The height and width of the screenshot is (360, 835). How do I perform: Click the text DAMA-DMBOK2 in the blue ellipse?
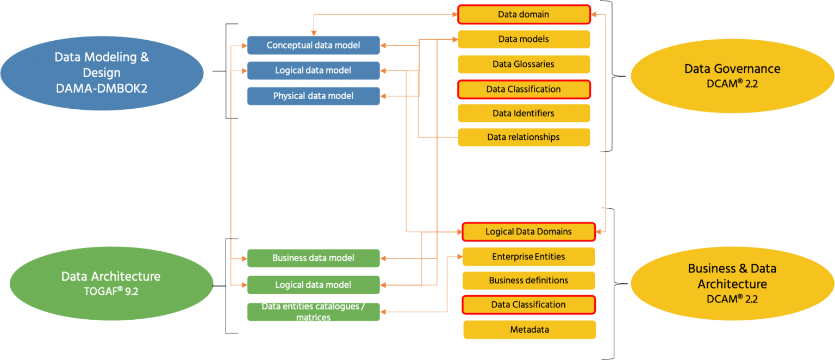pyautogui.click(x=102, y=88)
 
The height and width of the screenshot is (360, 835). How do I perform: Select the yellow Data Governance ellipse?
pyautogui.click(x=732, y=75)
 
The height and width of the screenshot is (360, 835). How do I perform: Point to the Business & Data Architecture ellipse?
pyautogui.click(x=732, y=283)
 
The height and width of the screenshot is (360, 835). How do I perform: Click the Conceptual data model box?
pyautogui.click(x=313, y=45)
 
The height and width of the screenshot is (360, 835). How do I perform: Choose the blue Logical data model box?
pyautogui.click(x=313, y=70)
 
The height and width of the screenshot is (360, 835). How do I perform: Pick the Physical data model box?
pyautogui.click(x=313, y=96)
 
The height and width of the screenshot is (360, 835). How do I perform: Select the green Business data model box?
pyautogui.click(x=313, y=258)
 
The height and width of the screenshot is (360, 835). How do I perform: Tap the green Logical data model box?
pyautogui.click(x=313, y=284)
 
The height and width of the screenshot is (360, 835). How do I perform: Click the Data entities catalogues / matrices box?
pyautogui.click(x=313, y=312)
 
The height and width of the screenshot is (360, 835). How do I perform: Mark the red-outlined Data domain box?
pyautogui.click(x=524, y=15)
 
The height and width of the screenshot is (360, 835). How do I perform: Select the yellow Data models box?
pyautogui.click(x=524, y=39)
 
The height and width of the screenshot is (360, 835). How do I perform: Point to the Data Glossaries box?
pyautogui.click(x=524, y=64)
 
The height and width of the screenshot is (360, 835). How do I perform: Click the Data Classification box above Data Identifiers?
pyautogui.click(x=524, y=89)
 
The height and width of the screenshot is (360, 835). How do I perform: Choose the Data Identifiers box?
pyautogui.click(x=524, y=113)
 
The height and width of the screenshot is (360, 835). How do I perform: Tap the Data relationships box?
pyautogui.click(x=524, y=137)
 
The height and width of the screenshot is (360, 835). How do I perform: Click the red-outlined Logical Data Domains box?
pyautogui.click(x=528, y=232)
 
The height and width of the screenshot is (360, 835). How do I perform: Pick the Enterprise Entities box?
pyautogui.click(x=528, y=257)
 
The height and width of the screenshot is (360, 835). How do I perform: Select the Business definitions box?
pyautogui.click(x=528, y=281)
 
